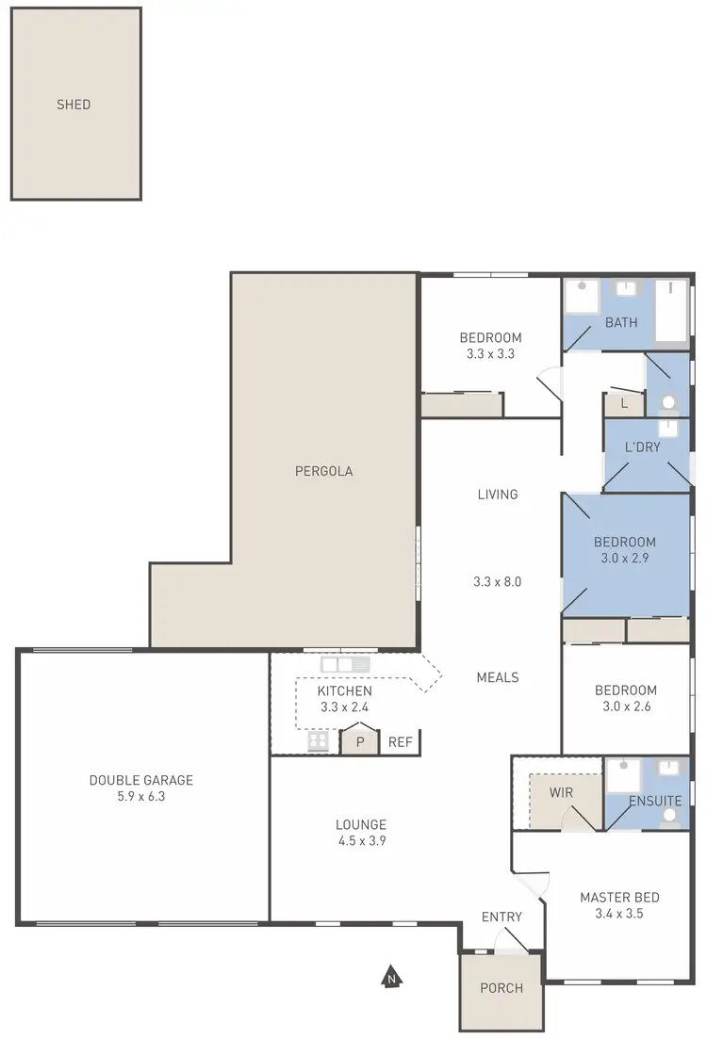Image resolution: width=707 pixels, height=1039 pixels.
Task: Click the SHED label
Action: click(x=74, y=105)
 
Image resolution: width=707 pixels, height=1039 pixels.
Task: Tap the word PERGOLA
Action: click(x=322, y=471)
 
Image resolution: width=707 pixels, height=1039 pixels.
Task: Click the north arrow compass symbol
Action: click(x=389, y=977)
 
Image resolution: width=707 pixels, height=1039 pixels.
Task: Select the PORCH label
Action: click(x=501, y=988)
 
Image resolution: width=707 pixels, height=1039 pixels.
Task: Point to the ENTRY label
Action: click(x=501, y=917)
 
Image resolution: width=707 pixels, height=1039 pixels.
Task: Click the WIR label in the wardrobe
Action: click(x=561, y=792)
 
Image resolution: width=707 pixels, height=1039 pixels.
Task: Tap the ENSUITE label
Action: click(x=655, y=801)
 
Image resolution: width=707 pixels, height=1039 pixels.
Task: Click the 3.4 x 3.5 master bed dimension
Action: click(x=618, y=913)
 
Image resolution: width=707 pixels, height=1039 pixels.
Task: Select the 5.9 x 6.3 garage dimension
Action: click(x=141, y=796)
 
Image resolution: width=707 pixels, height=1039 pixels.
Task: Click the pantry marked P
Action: click(x=359, y=741)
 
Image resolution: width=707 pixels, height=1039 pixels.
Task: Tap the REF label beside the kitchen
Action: click(x=401, y=742)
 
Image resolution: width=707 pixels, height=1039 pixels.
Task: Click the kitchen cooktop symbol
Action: click(x=318, y=741)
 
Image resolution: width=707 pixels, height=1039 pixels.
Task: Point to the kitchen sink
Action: click(x=345, y=665)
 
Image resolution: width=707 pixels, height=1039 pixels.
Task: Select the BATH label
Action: click(x=621, y=322)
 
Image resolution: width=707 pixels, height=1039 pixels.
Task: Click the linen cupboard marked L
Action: click(x=623, y=403)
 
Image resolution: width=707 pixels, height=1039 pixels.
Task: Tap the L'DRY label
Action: click(x=643, y=446)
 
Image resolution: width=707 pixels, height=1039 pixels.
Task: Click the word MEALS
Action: click(x=498, y=677)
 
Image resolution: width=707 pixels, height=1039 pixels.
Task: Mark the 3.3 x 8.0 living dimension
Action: click(x=498, y=581)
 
